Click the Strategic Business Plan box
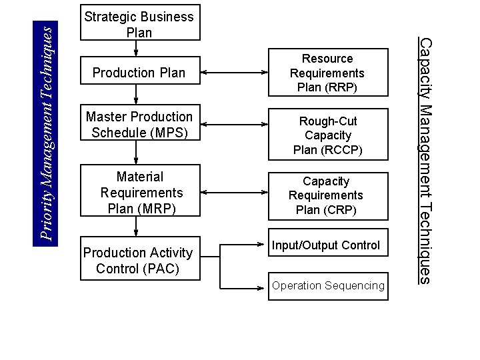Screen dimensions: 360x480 tap(139, 25)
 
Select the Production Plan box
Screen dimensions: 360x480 tap(139, 73)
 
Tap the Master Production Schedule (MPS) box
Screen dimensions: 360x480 tap(139, 125)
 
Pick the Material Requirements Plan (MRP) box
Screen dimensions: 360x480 tap(139, 193)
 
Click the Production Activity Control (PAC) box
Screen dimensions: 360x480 tap(139, 261)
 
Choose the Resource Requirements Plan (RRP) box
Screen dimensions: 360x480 tap(327, 73)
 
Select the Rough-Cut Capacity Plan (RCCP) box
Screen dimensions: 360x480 tap(327, 135)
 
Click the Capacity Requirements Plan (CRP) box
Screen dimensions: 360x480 tap(327, 195)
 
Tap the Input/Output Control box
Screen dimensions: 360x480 tap(327, 245)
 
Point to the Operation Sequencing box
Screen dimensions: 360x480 tap(327, 285)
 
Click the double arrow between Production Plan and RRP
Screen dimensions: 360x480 tap(234, 72)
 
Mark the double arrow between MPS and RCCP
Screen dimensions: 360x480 tap(234, 124)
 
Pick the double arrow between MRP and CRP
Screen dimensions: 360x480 tap(234, 192)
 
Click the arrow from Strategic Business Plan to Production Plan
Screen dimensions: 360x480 tap(136, 48)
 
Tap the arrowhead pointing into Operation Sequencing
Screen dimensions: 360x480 tap(262, 287)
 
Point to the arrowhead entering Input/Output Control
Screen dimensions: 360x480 tap(262, 245)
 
